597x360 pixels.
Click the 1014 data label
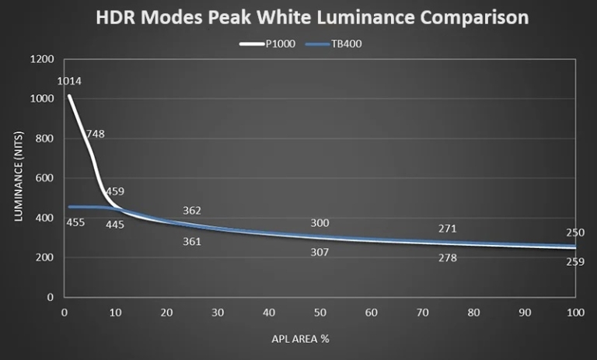[69, 81]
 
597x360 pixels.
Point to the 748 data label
[95, 134]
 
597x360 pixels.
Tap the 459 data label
[115, 191]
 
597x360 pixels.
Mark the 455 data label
[76, 223]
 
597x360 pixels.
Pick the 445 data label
[115, 224]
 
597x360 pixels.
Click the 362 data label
[192, 211]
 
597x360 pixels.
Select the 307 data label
[319, 252]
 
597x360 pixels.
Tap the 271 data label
[447, 229]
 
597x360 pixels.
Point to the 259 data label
[575, 263]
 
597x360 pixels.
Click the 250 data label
[575, 232]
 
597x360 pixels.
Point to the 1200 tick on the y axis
[43, 60]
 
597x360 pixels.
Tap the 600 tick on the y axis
[45, 178]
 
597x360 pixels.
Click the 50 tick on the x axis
[319, 312]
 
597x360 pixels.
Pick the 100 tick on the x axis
[574, 312]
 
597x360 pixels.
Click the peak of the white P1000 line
[69, 96]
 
